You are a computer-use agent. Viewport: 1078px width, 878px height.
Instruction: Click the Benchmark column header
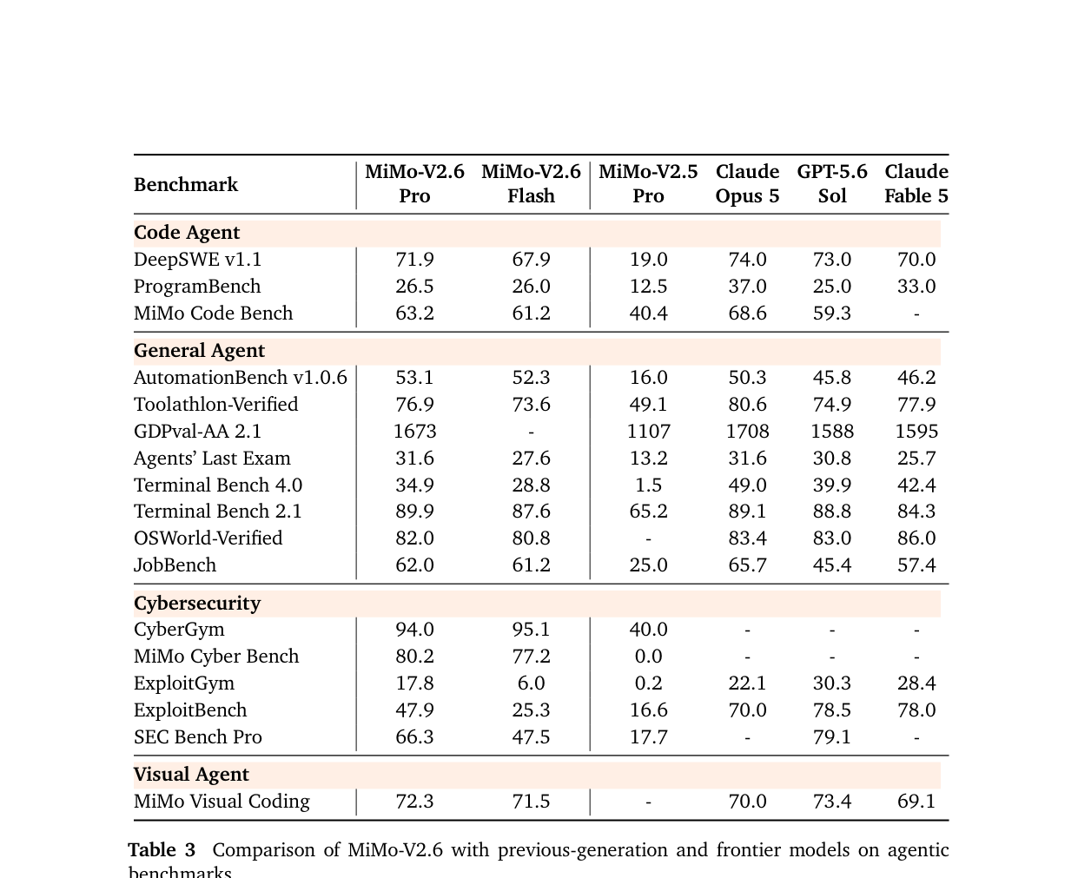185,185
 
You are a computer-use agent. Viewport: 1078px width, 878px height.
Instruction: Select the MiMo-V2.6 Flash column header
531,184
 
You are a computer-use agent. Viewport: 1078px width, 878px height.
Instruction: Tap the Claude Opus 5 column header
747,184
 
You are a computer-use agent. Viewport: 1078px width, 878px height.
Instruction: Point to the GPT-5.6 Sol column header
832,184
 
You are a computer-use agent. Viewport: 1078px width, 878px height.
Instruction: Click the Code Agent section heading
186,232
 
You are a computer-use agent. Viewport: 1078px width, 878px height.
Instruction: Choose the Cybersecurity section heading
197,604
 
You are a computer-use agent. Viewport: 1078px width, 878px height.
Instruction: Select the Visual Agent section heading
191,775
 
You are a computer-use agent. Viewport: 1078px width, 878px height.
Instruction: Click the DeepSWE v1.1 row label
197,260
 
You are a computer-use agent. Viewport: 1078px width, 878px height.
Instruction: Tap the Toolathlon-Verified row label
215,405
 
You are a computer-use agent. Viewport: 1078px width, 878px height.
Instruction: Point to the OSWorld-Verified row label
208,538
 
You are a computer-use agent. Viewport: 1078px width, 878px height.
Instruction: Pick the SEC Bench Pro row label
198,736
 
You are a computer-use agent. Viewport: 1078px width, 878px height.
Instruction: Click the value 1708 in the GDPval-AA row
748,431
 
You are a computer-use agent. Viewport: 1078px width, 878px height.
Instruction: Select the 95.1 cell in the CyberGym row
531,630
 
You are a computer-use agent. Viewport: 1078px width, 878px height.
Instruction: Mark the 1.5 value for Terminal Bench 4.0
648,485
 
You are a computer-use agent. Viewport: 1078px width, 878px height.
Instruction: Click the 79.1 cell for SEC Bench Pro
832,736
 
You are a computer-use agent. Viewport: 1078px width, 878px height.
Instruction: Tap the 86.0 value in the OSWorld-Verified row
916,538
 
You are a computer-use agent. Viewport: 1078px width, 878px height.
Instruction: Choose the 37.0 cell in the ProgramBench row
748,287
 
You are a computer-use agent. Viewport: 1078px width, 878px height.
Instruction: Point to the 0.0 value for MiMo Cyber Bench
648,657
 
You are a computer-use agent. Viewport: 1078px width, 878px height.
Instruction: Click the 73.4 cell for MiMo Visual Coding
832,802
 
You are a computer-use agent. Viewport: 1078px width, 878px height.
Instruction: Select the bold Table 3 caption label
162,850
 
